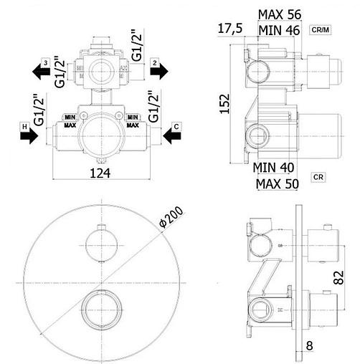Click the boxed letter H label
click(x=24, y=126)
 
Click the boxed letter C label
click(x=176, y=126)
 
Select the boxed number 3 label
click(x=45, y=63)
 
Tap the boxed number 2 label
click(x=155, y=63)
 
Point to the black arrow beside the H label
click(x=29, y=136)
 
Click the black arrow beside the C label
click(x=172, y=136)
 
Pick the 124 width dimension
click(x=100, y=173)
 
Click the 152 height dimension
click(x=225, y=104)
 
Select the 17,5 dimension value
click(x=230, y=29)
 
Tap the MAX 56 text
click(x=280, y=14)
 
